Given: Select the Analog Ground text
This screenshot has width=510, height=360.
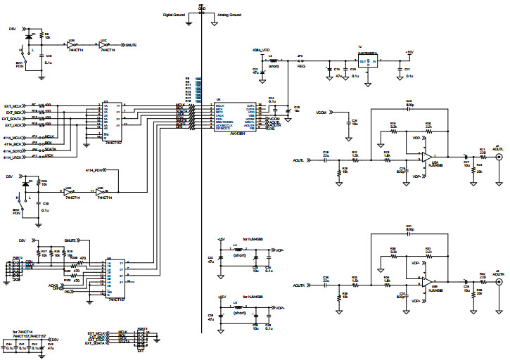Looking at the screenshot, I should [x=229, y=14].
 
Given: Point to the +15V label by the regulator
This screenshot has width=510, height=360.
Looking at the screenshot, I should [x=409, y=51].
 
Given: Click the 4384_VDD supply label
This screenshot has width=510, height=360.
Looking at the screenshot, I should [x=261, y=51].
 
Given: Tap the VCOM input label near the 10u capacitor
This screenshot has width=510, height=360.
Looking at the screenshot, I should [x=322, y=112].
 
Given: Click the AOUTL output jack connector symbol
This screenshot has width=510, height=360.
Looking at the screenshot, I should [x=499, y=160].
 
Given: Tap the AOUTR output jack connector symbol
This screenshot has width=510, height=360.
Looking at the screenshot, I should [x=499, y=283].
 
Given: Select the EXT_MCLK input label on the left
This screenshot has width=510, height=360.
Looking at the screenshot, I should [x=15, y=105].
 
